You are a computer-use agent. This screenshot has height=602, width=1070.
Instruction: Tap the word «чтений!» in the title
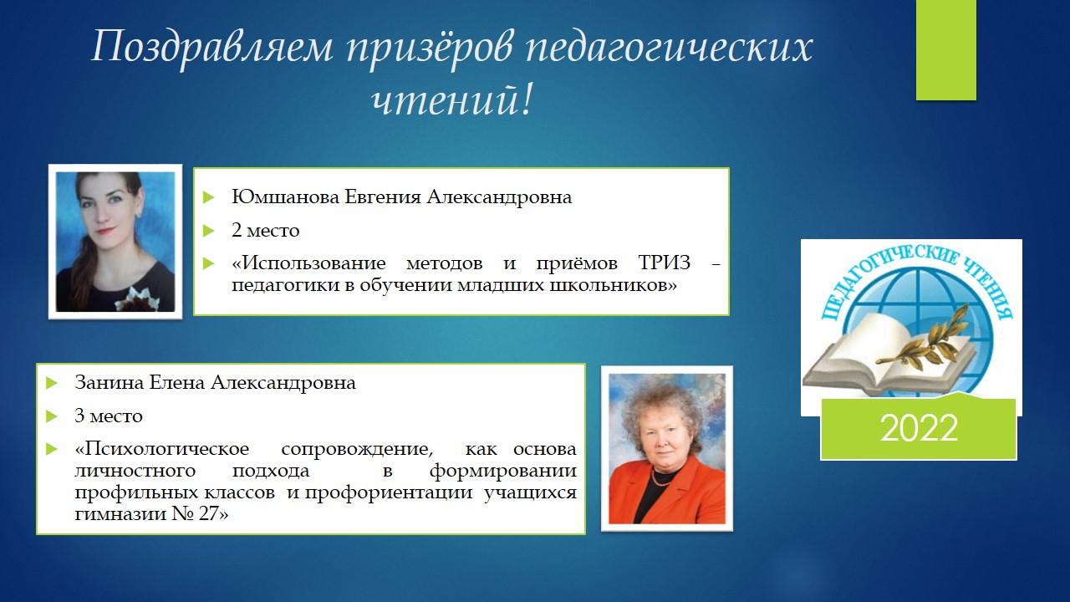pyautogui.click(x=451, y=100)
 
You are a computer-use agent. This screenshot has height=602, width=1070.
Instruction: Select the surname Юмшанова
pyautogui.click(x=285, y=196)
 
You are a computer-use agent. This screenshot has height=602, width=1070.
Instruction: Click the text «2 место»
pyautogui.click(x=266, y=230)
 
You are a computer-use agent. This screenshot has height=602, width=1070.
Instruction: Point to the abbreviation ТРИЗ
pyautogui.click(x=665, y=263)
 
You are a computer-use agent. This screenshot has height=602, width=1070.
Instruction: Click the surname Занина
pyautogui.click(x=110, y=382)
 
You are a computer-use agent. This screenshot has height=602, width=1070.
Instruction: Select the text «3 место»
pyautogui.click(x=109, y=416)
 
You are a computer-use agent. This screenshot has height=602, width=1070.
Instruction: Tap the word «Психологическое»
pyautogui.click(x=162, y=450)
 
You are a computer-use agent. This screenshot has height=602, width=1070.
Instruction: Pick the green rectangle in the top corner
pyautogui.click(x=945, y=49)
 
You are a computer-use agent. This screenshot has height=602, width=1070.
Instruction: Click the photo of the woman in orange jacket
pyautogui.click(x=667, y=449)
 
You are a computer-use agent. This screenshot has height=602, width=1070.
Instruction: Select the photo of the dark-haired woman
pyautogui.click(x=115, y=242)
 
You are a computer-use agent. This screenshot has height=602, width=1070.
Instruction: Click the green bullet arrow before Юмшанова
pyautogui.click(x=208, y=196)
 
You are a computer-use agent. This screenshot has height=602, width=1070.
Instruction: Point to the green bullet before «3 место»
pyautogui.click(x=52, y=416)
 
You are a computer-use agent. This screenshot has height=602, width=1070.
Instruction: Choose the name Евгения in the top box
pyautogui.click(x=383, y=196)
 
